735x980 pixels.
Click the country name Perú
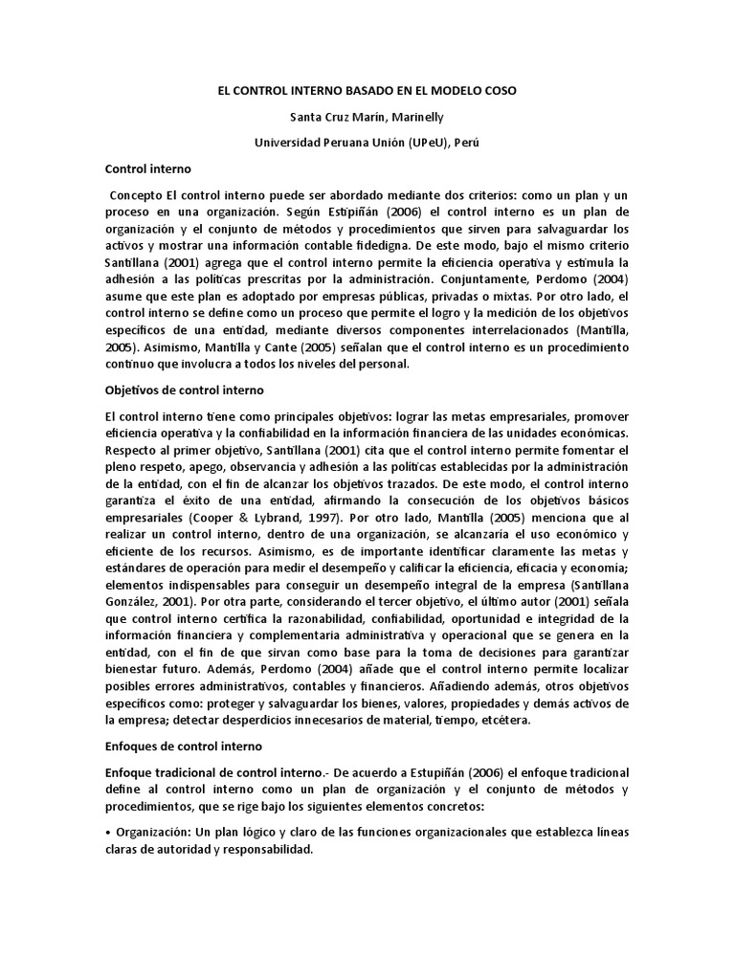click(461, 142)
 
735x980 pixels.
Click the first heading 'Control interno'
click(148, 168)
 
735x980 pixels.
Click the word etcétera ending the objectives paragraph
click(542, 720)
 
